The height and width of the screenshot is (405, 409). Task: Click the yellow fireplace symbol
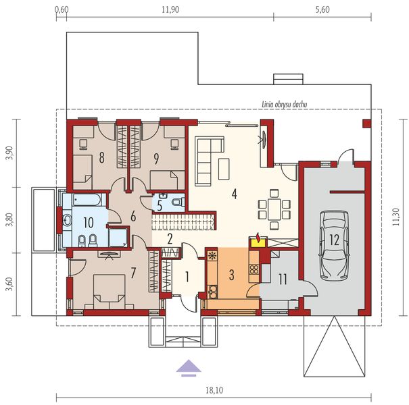(x=257, y=238)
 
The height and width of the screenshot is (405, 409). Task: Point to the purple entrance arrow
(x=187, y=367)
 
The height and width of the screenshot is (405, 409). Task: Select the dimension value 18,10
(x=210, y=389)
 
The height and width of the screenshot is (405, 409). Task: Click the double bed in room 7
(x=103, y=291)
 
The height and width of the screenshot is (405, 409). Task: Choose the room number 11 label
(x=283, y=277)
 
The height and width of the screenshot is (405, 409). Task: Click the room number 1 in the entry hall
(x=186, y=276)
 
